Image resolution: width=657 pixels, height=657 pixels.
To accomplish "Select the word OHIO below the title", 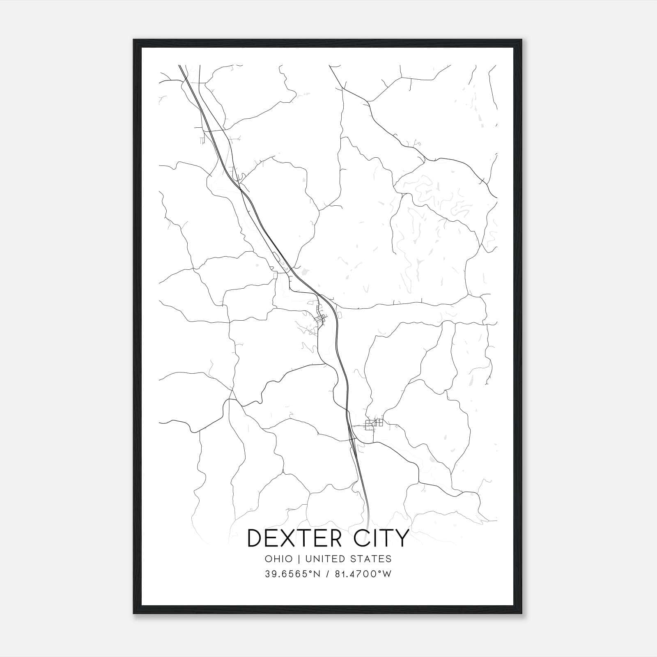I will pos(279,559).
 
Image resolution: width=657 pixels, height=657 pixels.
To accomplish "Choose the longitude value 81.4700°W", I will pos(360,574).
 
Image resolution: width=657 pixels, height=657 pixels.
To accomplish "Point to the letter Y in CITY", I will pos(401,538).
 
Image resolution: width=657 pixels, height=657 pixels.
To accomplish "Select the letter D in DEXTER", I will pos(256,538).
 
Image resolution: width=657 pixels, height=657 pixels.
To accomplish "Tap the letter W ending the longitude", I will pos(387,574).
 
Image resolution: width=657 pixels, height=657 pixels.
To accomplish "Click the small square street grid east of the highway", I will pos(374,423).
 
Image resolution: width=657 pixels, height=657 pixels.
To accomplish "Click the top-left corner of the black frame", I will pos(134,40).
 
